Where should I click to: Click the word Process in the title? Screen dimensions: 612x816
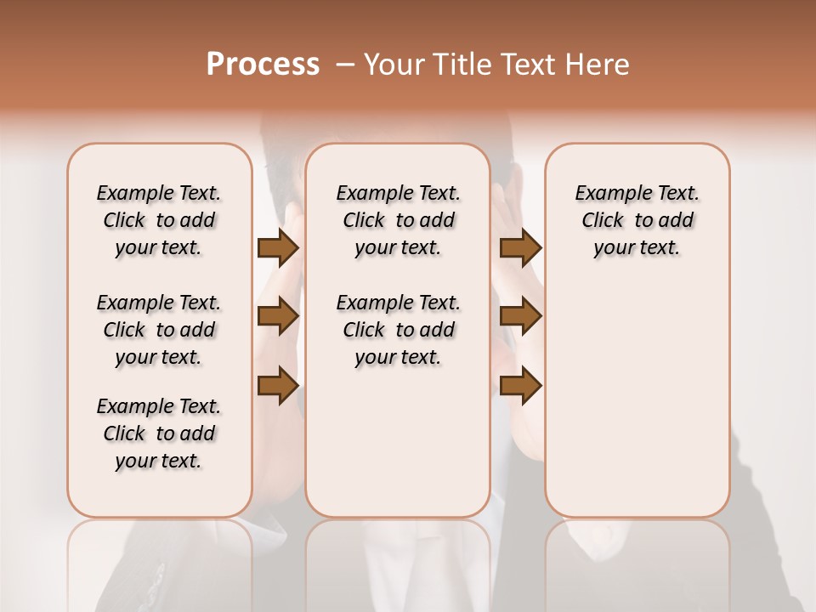263,65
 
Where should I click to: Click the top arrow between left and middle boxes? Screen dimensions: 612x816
278,247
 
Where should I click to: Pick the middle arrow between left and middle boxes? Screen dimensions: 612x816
278,316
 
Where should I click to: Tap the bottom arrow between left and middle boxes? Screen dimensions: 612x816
278,385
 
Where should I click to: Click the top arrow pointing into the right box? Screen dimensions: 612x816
520,247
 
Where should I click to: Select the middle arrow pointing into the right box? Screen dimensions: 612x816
520,316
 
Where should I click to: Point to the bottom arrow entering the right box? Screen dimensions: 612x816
520,385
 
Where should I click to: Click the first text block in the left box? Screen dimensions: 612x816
159,220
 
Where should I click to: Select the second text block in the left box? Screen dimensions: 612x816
159,330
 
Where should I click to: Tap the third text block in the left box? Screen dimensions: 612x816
159,433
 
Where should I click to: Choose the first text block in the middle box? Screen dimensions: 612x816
398,220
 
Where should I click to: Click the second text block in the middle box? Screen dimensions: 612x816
398,330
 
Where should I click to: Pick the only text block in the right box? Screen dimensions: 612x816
637,220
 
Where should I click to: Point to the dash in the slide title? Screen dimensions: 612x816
345,65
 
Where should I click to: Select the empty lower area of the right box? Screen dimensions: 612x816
637,391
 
